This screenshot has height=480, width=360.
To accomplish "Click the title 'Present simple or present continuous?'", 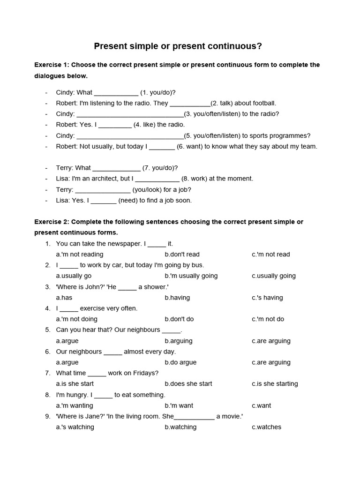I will (178, 46).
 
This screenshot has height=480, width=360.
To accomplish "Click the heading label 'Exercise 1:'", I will (52, 65).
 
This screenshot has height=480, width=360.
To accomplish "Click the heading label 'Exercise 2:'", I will (52, 222).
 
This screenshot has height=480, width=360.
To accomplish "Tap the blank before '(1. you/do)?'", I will (116, 93).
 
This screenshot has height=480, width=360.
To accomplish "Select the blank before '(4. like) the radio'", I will (115, 125).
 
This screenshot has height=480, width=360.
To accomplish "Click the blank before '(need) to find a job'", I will (103, 201).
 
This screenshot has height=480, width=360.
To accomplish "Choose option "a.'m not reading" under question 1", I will (79, 255).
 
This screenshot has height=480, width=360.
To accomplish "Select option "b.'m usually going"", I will (191, 276).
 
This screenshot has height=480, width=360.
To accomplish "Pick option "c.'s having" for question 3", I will (267, 298).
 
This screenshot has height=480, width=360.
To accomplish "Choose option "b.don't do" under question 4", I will (179, 319).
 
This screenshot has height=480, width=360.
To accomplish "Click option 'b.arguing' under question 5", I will (179, 341).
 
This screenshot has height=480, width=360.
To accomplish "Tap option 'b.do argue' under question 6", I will (180, 362).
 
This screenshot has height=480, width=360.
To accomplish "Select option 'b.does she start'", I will (188, 384).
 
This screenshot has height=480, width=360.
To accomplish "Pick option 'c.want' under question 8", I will (261, 405).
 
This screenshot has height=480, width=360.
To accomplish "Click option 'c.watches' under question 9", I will (266, 427).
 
